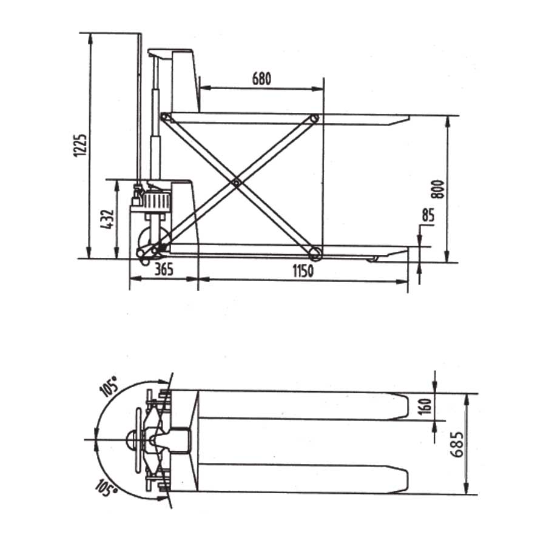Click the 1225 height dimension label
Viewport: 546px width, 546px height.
[x=80, y=145]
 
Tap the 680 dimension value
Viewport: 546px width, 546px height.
[x=261, y=79]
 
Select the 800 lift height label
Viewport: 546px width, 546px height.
[x=438, y=189]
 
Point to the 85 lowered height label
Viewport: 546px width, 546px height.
[x=428, y=215]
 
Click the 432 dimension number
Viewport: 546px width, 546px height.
[x=107, y=219]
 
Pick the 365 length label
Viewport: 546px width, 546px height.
[x=164, y=269]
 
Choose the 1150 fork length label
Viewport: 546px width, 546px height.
[x=303, y=271]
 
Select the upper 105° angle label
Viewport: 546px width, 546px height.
[x=109, y=386]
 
